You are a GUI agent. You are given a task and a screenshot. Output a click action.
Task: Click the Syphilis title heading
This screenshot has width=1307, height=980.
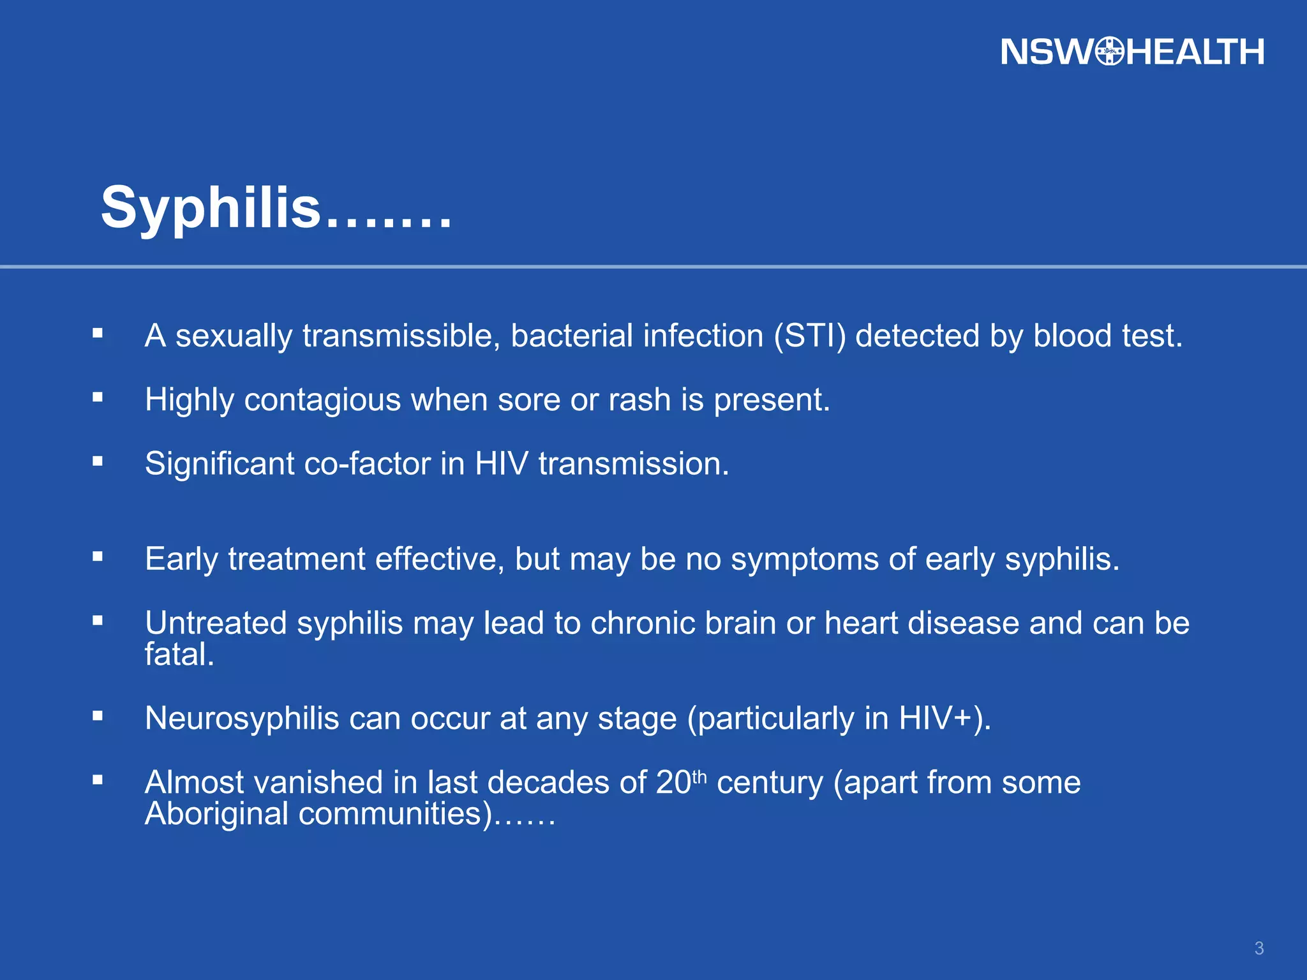pos(276,208)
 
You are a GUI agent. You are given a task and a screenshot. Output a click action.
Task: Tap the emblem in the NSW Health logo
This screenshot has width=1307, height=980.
pos(1110,52)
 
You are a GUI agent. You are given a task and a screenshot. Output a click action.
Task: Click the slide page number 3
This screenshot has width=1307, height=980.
pos(1258,948)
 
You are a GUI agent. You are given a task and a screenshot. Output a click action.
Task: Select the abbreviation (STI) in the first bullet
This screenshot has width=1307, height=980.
pos(810,336)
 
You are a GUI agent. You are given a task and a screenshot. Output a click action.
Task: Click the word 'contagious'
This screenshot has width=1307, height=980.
pos(322,401)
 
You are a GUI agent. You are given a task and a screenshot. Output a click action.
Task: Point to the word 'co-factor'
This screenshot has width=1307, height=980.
pos(367,464)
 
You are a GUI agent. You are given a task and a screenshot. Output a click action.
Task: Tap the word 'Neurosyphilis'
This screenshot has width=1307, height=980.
pos(242,719)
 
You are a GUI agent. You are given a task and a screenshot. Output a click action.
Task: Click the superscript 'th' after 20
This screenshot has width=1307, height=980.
pos(699,776)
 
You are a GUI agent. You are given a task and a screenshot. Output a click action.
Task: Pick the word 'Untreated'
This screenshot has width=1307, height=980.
pos(216,623)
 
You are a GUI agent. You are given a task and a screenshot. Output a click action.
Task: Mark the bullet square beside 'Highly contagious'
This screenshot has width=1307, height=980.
pos(98,397)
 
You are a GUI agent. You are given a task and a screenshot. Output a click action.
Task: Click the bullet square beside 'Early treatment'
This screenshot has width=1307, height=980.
pos(98,557)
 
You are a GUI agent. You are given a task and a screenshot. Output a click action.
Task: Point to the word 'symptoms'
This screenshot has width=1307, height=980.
pos(805,560)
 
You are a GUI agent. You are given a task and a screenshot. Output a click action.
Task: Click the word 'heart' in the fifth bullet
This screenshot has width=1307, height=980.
pos(861,623)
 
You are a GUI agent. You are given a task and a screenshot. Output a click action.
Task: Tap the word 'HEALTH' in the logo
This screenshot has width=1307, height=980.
pos(1195,52)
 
